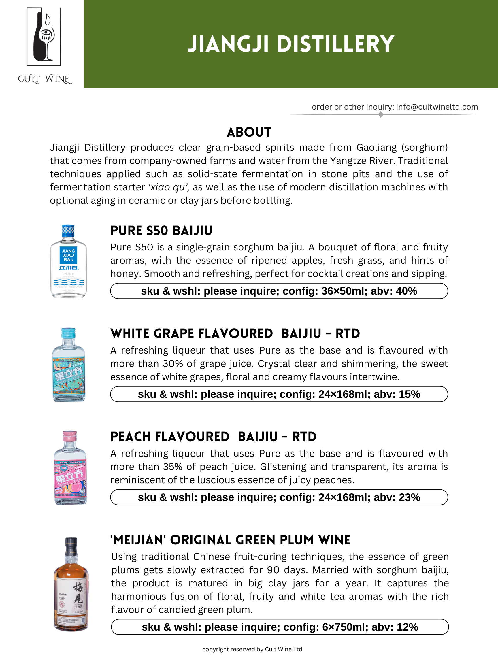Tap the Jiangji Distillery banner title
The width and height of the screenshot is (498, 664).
pos(290,44)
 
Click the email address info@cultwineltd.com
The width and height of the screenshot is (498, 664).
pos(437,107)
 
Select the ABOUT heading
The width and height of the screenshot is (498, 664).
pos(249,132)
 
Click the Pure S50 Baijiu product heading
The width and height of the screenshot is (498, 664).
pos(161,231)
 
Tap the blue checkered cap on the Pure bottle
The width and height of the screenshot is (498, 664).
pos(68,231)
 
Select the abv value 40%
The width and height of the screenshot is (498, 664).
pos(406,291)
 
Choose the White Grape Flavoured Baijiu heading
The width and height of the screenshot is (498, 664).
pos(235,334)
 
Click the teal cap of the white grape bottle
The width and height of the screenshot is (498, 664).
pos(68,333)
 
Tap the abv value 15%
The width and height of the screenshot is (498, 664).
pos(410,394)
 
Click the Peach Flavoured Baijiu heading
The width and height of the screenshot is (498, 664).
pos(213,437)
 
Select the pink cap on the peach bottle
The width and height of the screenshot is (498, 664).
pos(70,435)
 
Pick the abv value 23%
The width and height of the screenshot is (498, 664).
pos(410,497)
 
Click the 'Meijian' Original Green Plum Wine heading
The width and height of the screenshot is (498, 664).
pos(230,540)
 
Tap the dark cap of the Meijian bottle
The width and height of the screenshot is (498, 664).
pos(71,544)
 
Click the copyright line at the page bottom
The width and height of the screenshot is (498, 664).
pos(252,649)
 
